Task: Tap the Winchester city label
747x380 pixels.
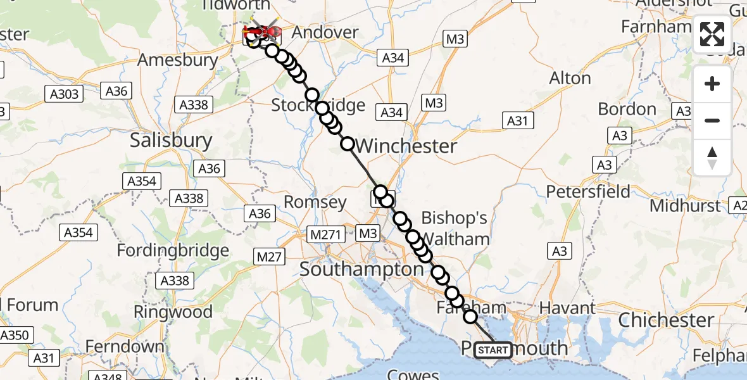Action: (x=406, y=146)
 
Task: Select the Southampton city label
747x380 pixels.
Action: (x=361, y=269)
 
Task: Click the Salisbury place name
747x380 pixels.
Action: (x=171, y=140)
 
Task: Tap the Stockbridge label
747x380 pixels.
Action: (x=318, y=104)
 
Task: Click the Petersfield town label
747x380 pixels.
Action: (x=588, y=191)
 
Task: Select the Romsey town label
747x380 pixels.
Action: (x=315, y=203)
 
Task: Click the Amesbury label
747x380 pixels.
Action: (x=178, y=60)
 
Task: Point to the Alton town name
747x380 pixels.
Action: (x=570, y=79)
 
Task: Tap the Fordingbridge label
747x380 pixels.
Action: (x=173, y=250)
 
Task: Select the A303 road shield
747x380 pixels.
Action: (x=65, y=94)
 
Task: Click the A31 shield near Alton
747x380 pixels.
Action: (x=517, y=120)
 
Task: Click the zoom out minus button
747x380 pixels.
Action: (x=712, y=120)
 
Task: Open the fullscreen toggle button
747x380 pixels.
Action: (x=712, y=34)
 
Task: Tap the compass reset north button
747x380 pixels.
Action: (x=712, y=157)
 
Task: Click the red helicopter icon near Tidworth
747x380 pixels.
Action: (x=263, y=30)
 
